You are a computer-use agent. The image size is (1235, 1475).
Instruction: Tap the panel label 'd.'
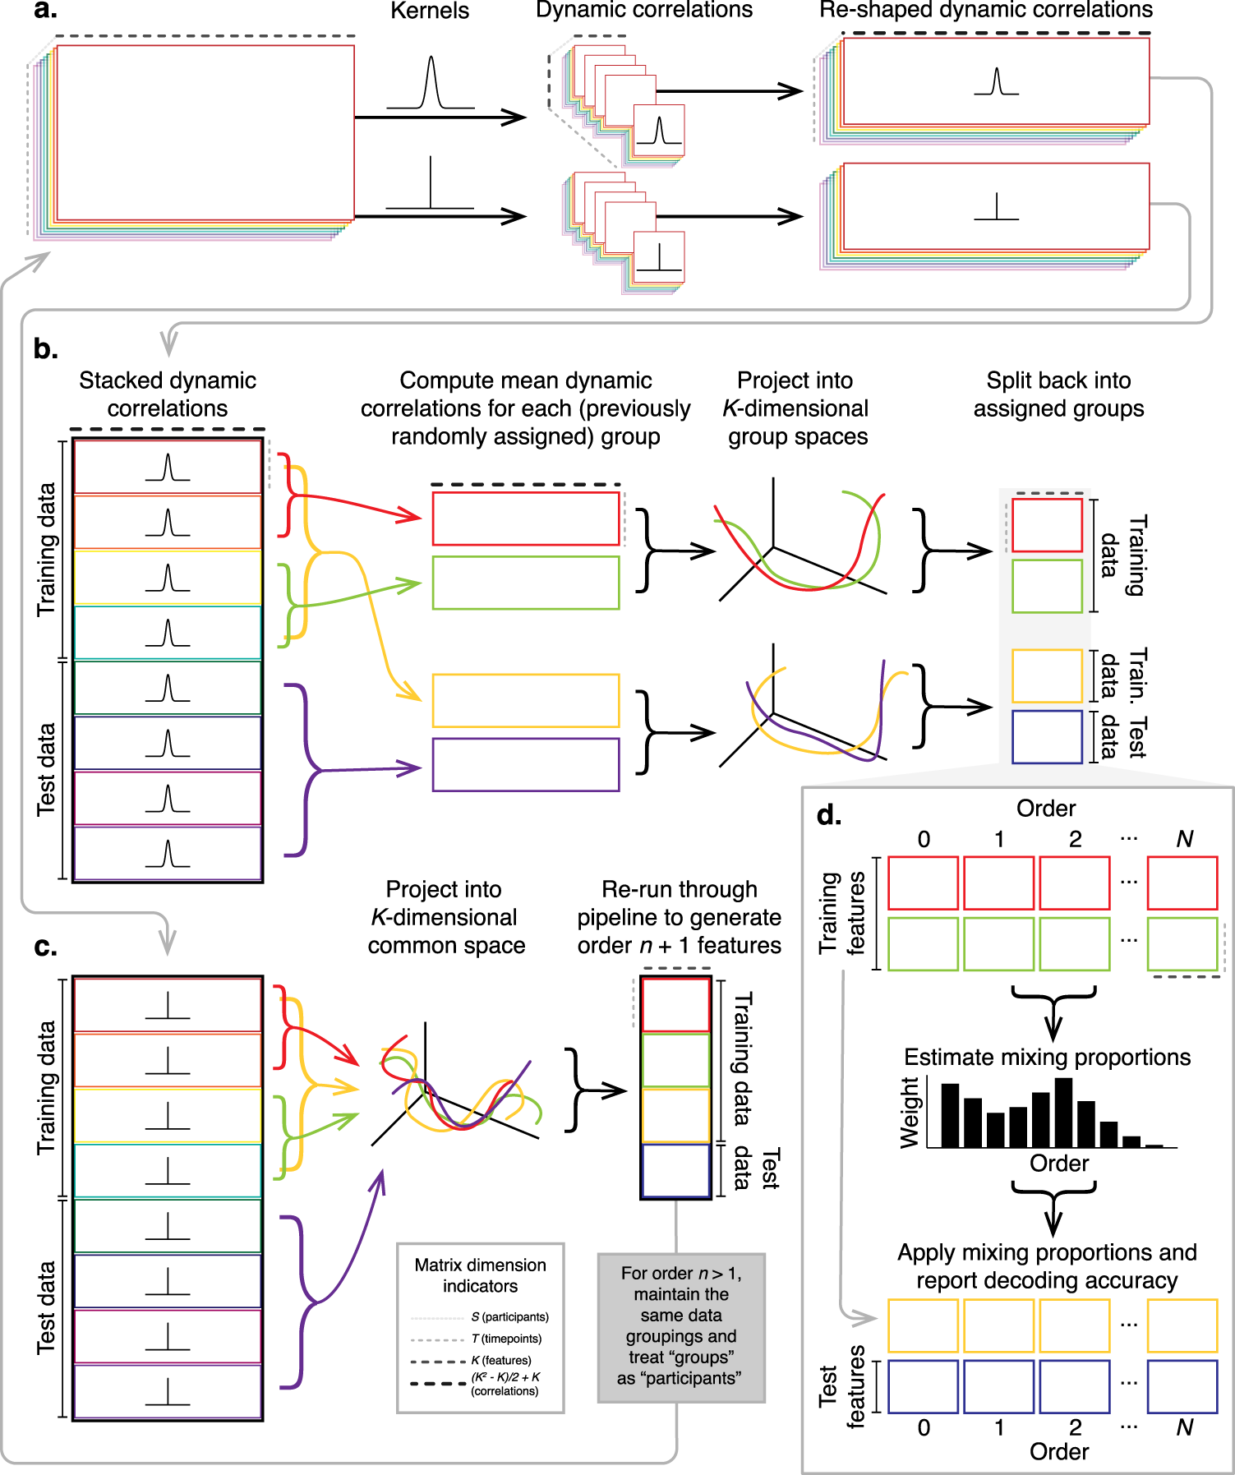829,815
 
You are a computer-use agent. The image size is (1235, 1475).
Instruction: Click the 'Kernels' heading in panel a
430,11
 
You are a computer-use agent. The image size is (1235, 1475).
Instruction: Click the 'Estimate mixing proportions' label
1047,1057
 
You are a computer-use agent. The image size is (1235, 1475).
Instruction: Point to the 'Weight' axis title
909,1113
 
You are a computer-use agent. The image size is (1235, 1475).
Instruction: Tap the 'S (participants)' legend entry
509,1316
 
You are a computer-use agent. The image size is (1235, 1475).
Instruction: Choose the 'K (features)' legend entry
501,1360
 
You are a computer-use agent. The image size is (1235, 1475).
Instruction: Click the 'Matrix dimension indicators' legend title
480,1275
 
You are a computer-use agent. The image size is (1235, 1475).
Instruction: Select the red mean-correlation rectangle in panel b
526,519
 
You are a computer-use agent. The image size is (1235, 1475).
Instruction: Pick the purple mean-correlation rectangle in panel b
526,764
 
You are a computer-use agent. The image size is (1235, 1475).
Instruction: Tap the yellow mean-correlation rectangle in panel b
526,700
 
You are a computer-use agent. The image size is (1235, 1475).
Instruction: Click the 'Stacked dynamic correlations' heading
168,394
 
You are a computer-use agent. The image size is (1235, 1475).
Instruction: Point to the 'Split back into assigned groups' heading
1058,394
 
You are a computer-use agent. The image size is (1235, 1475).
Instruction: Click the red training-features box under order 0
923,883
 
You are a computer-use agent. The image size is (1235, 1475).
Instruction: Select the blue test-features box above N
1182,1386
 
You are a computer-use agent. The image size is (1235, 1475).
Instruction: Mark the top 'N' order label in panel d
1184,839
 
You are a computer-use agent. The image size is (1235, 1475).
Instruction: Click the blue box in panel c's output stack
675,1170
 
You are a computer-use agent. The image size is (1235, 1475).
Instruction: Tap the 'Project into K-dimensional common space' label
445,917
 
